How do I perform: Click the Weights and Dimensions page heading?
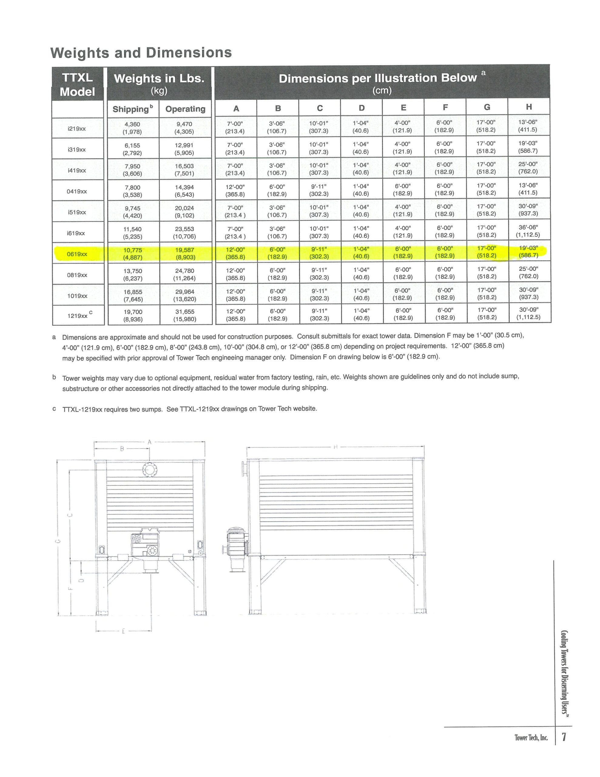point(141,53)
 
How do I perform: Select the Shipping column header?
point(133,109)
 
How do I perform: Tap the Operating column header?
point(185,109)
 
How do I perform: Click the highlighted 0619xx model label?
point(77,254)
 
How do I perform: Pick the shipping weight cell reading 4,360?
point(132,128)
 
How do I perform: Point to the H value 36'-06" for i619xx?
point(528,231)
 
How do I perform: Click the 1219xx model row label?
point(78,316)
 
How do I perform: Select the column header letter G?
point(487,107)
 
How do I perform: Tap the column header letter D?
point(361,108)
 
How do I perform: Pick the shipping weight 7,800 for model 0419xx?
point(132,191)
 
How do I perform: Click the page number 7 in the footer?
point(564,736)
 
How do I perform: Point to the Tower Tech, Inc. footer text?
point(531,738)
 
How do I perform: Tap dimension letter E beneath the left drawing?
point(123,632)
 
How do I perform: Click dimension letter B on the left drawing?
point(122,449)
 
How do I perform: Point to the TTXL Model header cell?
point(78,84)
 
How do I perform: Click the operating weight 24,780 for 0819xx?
point(185,275)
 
